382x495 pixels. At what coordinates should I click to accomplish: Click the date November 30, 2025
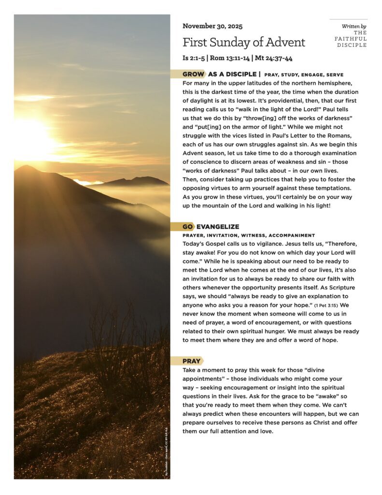coord(212,26)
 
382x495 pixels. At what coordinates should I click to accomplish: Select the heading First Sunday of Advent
coord(244,42)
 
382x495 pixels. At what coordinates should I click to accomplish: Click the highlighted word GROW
coord(193,74)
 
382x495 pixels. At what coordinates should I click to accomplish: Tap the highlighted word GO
coord(188,227)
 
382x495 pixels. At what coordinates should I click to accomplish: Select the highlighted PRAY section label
coord(192,361)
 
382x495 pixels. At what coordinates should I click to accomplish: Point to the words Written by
coord(354,26)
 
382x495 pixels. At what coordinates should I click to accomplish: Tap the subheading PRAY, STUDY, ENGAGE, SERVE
coord(304,75)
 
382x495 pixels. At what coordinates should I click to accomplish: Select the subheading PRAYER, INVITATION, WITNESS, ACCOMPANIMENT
coord(248,235)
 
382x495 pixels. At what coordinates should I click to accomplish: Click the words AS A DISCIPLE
coord(232,74)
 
